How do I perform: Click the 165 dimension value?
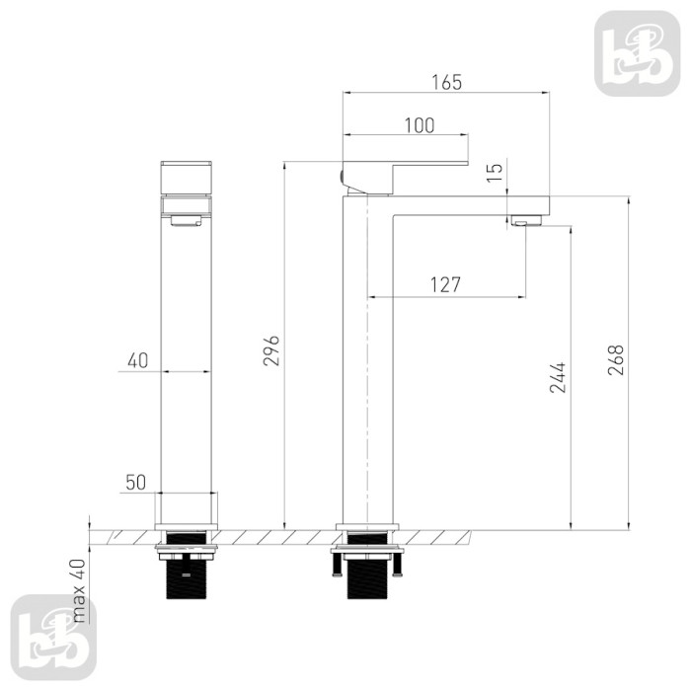tap(447, 82)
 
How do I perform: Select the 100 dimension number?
tap(420, 125)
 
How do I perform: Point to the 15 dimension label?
tap(495, 172)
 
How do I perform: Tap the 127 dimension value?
tap(445, 285)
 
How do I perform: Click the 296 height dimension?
tap(271, 350)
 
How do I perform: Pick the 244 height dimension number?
tap(558, 377)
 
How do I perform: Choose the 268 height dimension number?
tap(616, 360)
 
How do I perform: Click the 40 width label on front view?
tap(138, 361)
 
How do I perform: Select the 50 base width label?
tap(136, 483)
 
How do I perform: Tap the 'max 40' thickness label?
tap(79, 590)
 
